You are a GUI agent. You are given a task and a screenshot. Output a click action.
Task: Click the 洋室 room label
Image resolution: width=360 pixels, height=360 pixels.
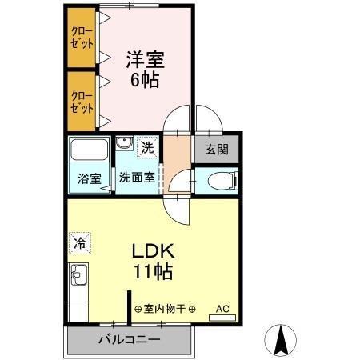[x=143, y=58]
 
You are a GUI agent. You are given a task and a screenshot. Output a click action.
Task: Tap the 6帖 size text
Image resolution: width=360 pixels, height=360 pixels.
[x=143, y=79]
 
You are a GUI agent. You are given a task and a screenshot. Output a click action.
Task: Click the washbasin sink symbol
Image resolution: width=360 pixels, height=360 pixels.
[x=123, y=144]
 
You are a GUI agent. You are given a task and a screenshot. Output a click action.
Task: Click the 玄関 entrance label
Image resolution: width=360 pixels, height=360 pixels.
[x=216, y=148]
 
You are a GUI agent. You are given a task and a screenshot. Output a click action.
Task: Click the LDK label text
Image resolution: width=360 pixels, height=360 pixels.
[x=152, y=250]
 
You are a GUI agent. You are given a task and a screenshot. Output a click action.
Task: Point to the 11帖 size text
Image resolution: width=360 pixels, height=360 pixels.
[x=152, y=272]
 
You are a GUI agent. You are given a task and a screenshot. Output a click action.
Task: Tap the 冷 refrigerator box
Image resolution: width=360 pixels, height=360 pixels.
[x=79, y=240]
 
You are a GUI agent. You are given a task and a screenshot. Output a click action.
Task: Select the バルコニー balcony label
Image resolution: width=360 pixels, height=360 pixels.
[x=128, y=340]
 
